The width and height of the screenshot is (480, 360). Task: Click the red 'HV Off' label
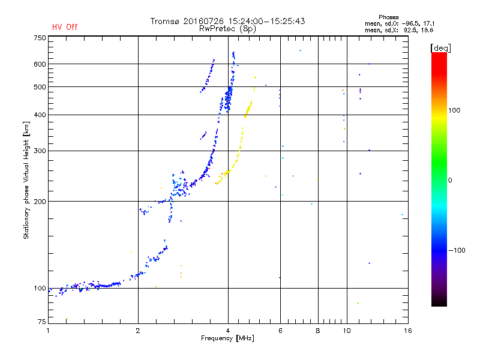point(65,27)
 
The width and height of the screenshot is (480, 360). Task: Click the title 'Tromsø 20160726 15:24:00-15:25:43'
point(227,21)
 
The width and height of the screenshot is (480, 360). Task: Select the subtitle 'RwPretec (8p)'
point(227,29)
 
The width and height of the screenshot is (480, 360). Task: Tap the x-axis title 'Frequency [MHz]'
point(227,338)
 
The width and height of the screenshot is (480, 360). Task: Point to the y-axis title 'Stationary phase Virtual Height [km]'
point(26,180)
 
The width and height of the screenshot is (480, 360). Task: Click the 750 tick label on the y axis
point(40,38)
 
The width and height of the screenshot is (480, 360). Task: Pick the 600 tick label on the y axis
point(40,64)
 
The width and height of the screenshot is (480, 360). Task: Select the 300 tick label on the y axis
point(40,151)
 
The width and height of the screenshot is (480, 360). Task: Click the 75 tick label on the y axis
point(42,322)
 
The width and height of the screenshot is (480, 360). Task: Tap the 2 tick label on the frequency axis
point(138,331)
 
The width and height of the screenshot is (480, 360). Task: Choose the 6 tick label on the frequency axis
point(280,331)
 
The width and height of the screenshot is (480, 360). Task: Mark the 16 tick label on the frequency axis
point(408,331)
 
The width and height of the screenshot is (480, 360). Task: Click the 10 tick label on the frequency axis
point(347,331)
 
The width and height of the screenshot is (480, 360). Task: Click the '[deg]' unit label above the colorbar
point(440,48)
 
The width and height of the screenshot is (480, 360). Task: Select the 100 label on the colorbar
point(454,110)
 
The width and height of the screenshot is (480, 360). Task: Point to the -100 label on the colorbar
point(457,250)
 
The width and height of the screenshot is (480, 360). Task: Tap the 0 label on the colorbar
point(450,181)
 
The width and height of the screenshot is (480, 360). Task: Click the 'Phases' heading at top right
point(388,17)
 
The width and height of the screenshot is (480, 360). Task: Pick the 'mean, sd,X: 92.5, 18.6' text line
point(399,31)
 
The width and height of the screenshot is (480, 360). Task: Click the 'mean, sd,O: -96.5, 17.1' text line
point(400,24)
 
